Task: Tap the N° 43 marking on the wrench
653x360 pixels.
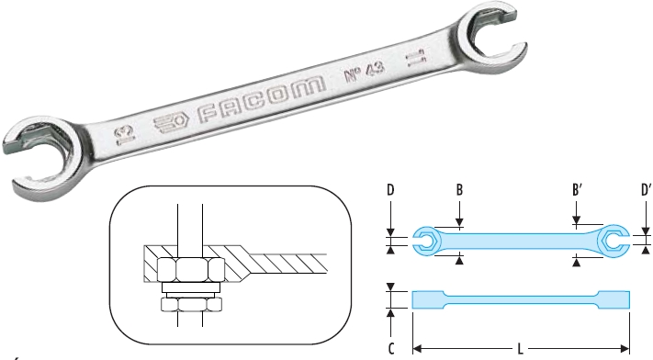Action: [x=364, y=72]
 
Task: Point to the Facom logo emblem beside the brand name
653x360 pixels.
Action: [x=171, y=122]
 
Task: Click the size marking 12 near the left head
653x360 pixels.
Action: [x=125, y=136]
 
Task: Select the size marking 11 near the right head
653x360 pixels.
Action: [x=416, y=58]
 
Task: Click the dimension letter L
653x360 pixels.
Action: [x=520, y=348]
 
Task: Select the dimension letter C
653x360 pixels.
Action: [x=390, y=348]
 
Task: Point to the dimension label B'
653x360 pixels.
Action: [x=577, y=190]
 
